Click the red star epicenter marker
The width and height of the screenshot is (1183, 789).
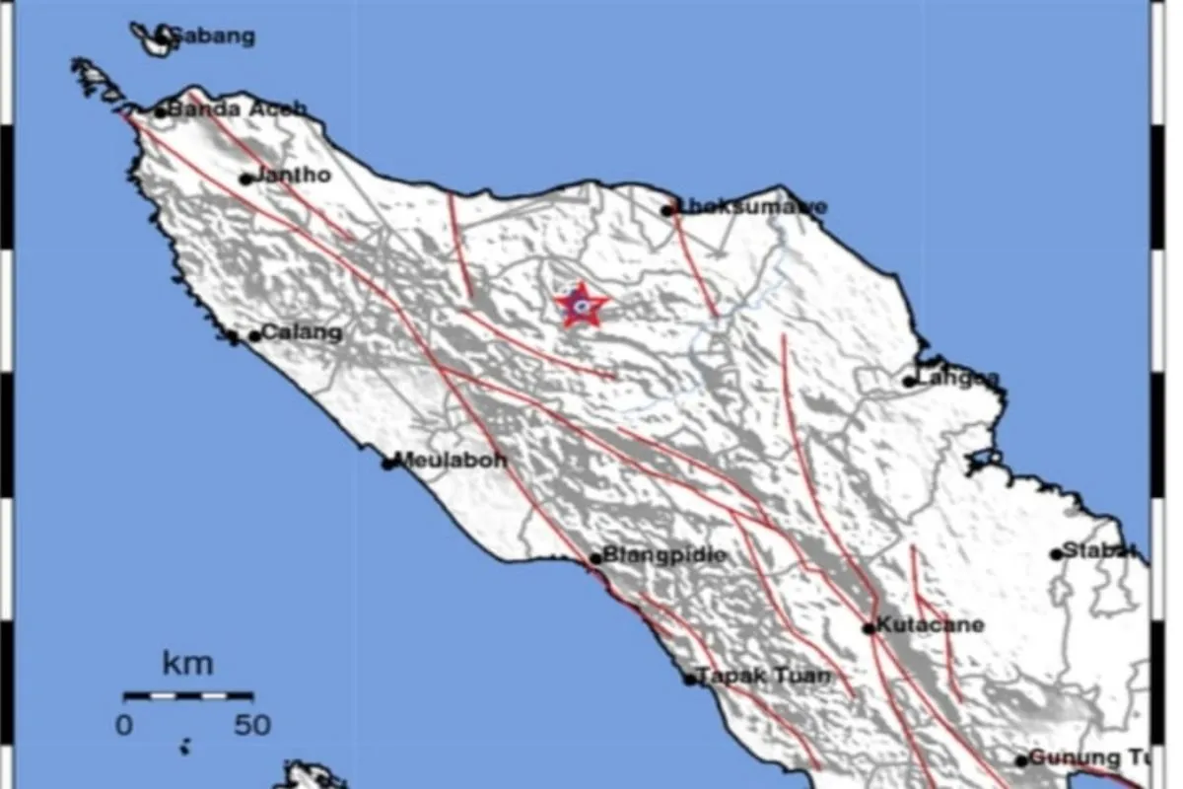click(x=581, y=306)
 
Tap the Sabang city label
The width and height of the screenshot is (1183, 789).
click(x=214, y=37)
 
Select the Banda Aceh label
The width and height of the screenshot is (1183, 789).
click(x=238, y=109)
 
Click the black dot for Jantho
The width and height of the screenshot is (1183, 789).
click(x=245, y=179)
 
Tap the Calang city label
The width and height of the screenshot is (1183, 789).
click(x=302, y=333)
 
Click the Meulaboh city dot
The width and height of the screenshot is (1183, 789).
click(x=388, y=462)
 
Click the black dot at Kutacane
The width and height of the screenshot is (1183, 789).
click(x=869, y=627)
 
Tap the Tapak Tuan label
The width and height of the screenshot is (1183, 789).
click(x=765, y=677)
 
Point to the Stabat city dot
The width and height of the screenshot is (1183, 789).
click(x=1057, y=553)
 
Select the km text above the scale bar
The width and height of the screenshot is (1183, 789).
click(x=187, y=664)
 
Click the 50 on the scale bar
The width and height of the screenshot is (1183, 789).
click(x=252, y=726)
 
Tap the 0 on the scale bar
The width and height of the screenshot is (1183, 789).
click(x=124, y=726)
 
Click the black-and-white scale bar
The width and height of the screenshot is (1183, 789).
click(x=188, y=695)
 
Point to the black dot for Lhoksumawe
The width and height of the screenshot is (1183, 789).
click(x=667, y=209)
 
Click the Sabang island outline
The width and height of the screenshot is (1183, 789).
click(x=153, y=40)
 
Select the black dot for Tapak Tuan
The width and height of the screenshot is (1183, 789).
click(x=690, y=679)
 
